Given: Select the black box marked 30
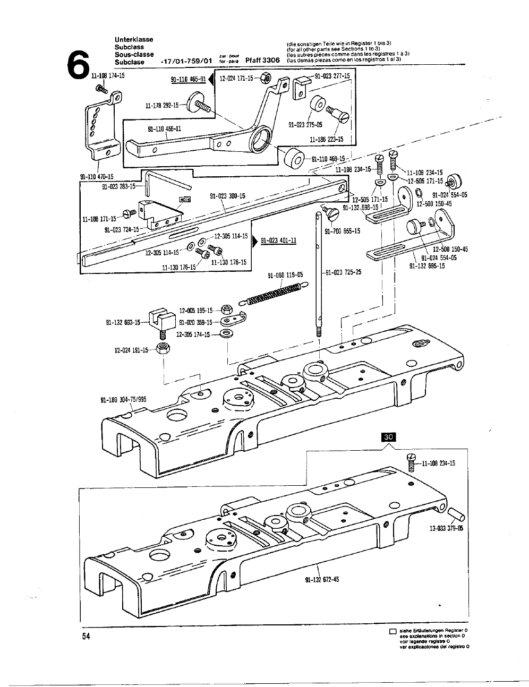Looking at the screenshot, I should coord(389,437).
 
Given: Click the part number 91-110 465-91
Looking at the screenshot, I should coord(188,80).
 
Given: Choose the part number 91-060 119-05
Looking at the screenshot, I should coord(285,275).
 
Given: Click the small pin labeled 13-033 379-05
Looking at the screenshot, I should coord(456,514).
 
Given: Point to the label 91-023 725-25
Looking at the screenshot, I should coord(343,272).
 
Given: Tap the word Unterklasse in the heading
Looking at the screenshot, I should coord(134,40).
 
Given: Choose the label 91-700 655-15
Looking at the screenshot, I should coord(342,230).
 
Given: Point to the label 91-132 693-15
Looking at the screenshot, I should coord(123,322).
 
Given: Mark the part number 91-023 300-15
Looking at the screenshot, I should coord(227,196).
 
